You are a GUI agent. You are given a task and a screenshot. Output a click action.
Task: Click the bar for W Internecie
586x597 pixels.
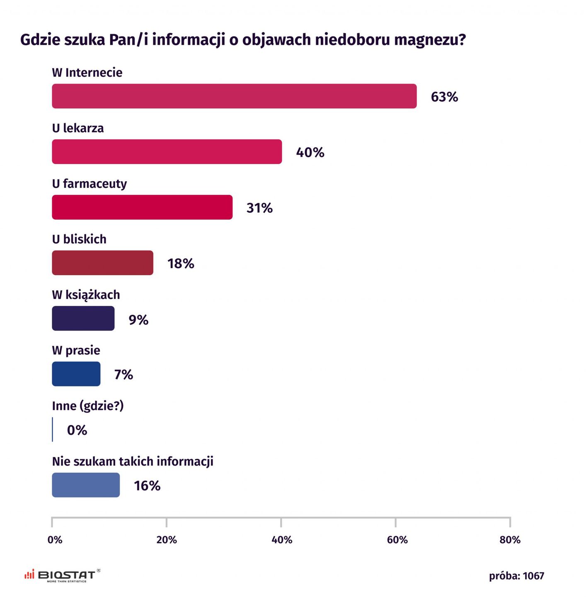(x=234, y=96)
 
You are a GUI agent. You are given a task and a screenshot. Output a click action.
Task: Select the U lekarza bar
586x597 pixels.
(x=167, y=152)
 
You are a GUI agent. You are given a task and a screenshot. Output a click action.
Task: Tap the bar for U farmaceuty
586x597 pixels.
(x=142, y=207)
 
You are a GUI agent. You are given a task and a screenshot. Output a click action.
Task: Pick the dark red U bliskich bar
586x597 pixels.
(x=102, y=263)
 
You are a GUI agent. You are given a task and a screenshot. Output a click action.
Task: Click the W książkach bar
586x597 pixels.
(x=83, y=318)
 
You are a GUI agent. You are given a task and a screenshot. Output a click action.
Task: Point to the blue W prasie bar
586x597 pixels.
(x=76, y=374)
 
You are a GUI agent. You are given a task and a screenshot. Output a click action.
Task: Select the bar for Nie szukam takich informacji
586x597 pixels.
(x=86, y=485)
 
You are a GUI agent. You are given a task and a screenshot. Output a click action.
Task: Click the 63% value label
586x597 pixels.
(x=444, y=97)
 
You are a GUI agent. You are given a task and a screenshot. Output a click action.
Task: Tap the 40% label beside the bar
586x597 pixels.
(x=310, y=153)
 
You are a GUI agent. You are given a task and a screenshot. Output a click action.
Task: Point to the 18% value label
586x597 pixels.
(x=181, y=264)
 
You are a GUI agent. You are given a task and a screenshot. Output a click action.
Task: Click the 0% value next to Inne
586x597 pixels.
(x=77, y=430)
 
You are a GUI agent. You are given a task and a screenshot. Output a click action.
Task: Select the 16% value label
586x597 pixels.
(x=147, y=486)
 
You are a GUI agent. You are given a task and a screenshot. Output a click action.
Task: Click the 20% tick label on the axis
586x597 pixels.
(x=167, y=540)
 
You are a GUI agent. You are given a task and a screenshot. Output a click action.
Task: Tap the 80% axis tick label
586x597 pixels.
(x=510, y=540)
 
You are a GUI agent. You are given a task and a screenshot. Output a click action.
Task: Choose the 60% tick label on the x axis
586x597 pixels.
(x=397, y=540)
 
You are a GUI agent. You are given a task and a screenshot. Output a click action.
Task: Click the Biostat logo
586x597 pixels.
(x=62, y=575)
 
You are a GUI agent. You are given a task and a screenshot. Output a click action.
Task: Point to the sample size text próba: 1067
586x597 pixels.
(x=516, y=576)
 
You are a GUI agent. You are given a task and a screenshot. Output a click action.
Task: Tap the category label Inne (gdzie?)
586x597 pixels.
(x=88, y=406)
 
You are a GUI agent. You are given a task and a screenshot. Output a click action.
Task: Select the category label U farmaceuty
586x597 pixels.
(x=90, y=184)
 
